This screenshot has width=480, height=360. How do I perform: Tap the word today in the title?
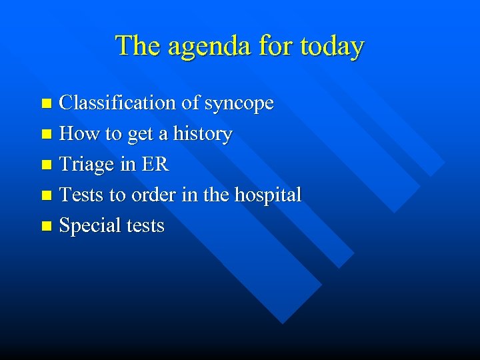tap(332, 47)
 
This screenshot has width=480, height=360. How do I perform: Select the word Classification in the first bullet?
tap(119, 103)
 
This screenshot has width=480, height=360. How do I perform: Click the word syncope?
tap(239, 104)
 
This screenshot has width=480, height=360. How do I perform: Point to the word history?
tap(203, 134)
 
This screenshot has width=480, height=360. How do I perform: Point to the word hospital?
tap(266, 195)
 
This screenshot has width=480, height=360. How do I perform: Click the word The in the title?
tap(135, 46)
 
